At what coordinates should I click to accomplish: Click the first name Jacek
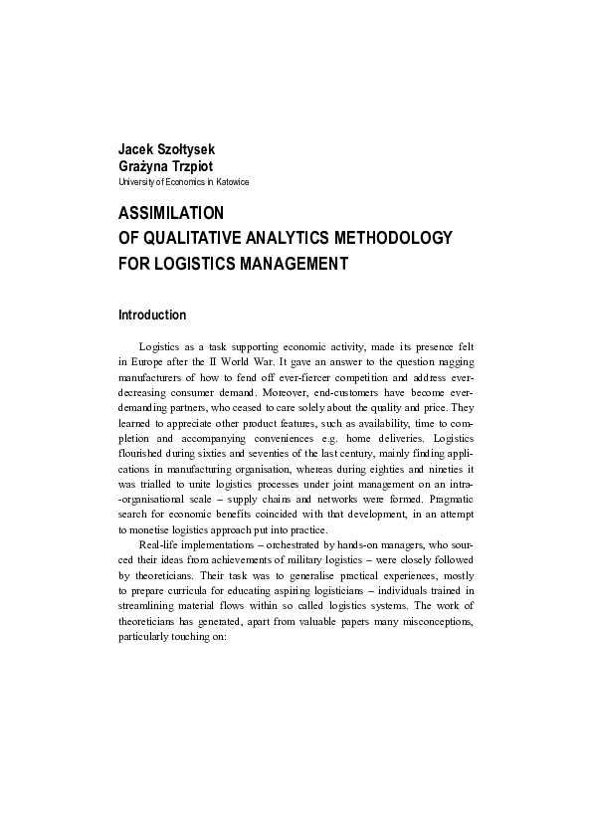coord(136,150)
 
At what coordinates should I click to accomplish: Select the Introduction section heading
coord(152,315)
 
